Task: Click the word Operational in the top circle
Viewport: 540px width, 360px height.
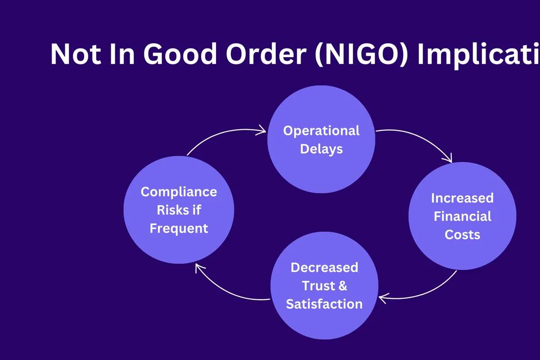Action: pos(321,130)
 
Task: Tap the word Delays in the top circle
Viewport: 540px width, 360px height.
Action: pos(321,149)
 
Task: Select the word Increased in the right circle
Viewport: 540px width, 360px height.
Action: pos(462,198)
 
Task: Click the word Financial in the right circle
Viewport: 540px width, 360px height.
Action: pos(462,216)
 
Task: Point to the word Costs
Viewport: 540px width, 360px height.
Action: pos(462,234)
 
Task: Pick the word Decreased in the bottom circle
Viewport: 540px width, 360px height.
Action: pos(324,267)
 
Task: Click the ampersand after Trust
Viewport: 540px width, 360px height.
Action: pos(342,286)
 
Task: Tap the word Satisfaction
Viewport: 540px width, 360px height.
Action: pos(324,304)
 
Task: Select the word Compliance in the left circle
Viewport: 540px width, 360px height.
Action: pos(179,192)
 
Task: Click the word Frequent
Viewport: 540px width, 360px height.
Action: pos(179,228)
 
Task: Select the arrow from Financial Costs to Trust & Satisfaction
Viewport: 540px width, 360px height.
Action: pos(427,290)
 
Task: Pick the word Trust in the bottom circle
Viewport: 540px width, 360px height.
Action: pos(319,286)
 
